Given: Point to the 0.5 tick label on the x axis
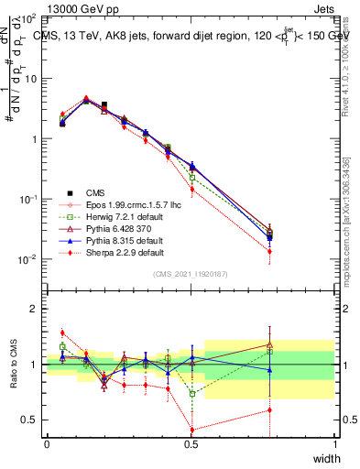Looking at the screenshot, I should click(191, 444).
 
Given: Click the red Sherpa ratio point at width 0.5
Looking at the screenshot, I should click(191, 430).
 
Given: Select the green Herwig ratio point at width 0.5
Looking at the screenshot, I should click(191, 394).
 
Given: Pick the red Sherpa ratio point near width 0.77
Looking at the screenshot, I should click(269, 409).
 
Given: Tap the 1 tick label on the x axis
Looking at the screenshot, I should click(334, 444).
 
